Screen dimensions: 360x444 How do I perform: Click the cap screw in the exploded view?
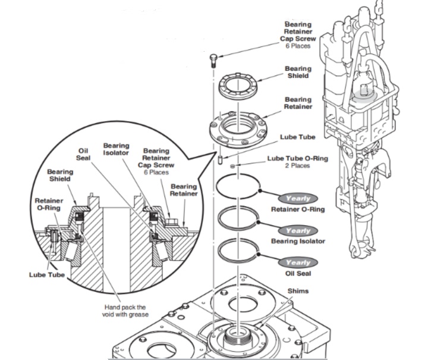pyautogui.click(x=215, y=60)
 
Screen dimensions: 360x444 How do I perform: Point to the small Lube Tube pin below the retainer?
pyautogui.click(x=220, y=161)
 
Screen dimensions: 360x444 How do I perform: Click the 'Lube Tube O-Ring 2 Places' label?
pyautogui.click(x=297, y=162)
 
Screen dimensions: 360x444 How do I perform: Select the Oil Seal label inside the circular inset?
pyautogui.click(x=84, y=154)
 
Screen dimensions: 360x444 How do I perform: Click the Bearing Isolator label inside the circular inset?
pyautogui.click(x=116, y=149)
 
